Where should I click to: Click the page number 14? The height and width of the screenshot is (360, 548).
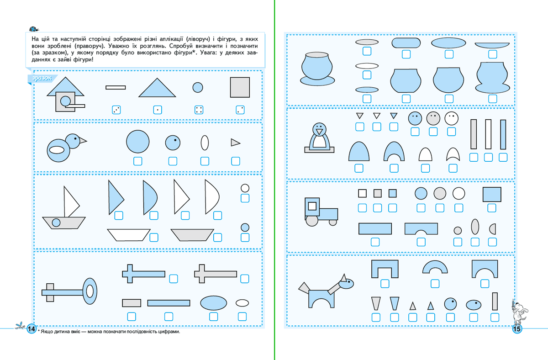coord(32,328)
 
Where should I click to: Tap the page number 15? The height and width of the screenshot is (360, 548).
coord(516,328)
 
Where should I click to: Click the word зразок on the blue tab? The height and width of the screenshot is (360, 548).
coord(42,78)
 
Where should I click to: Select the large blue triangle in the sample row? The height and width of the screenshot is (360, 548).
coord(157,88)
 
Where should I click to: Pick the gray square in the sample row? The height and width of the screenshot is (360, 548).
coord(240,87)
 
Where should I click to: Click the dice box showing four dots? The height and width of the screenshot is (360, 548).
coord(199,110)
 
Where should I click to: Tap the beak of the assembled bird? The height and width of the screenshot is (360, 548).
coord(83,140)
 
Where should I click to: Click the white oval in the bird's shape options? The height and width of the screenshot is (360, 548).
coord(205,143)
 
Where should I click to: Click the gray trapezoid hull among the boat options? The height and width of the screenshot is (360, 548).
coord(192,235)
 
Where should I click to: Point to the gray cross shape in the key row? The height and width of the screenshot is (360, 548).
coord(215,274)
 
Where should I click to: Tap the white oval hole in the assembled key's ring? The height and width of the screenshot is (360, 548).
coord(90,291)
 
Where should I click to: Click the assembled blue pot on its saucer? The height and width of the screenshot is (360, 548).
coord(317,69)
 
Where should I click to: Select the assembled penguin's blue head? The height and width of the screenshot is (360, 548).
coord(319,129)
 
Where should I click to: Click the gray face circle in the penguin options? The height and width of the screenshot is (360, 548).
coord(433,119)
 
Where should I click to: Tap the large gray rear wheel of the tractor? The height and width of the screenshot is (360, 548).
coord(312,221)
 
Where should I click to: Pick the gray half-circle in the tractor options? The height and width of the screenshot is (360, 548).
coord(493,229)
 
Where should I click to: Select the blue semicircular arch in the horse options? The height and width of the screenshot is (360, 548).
coord(435,268)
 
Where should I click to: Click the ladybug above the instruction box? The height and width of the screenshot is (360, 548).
coord(34,29)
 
